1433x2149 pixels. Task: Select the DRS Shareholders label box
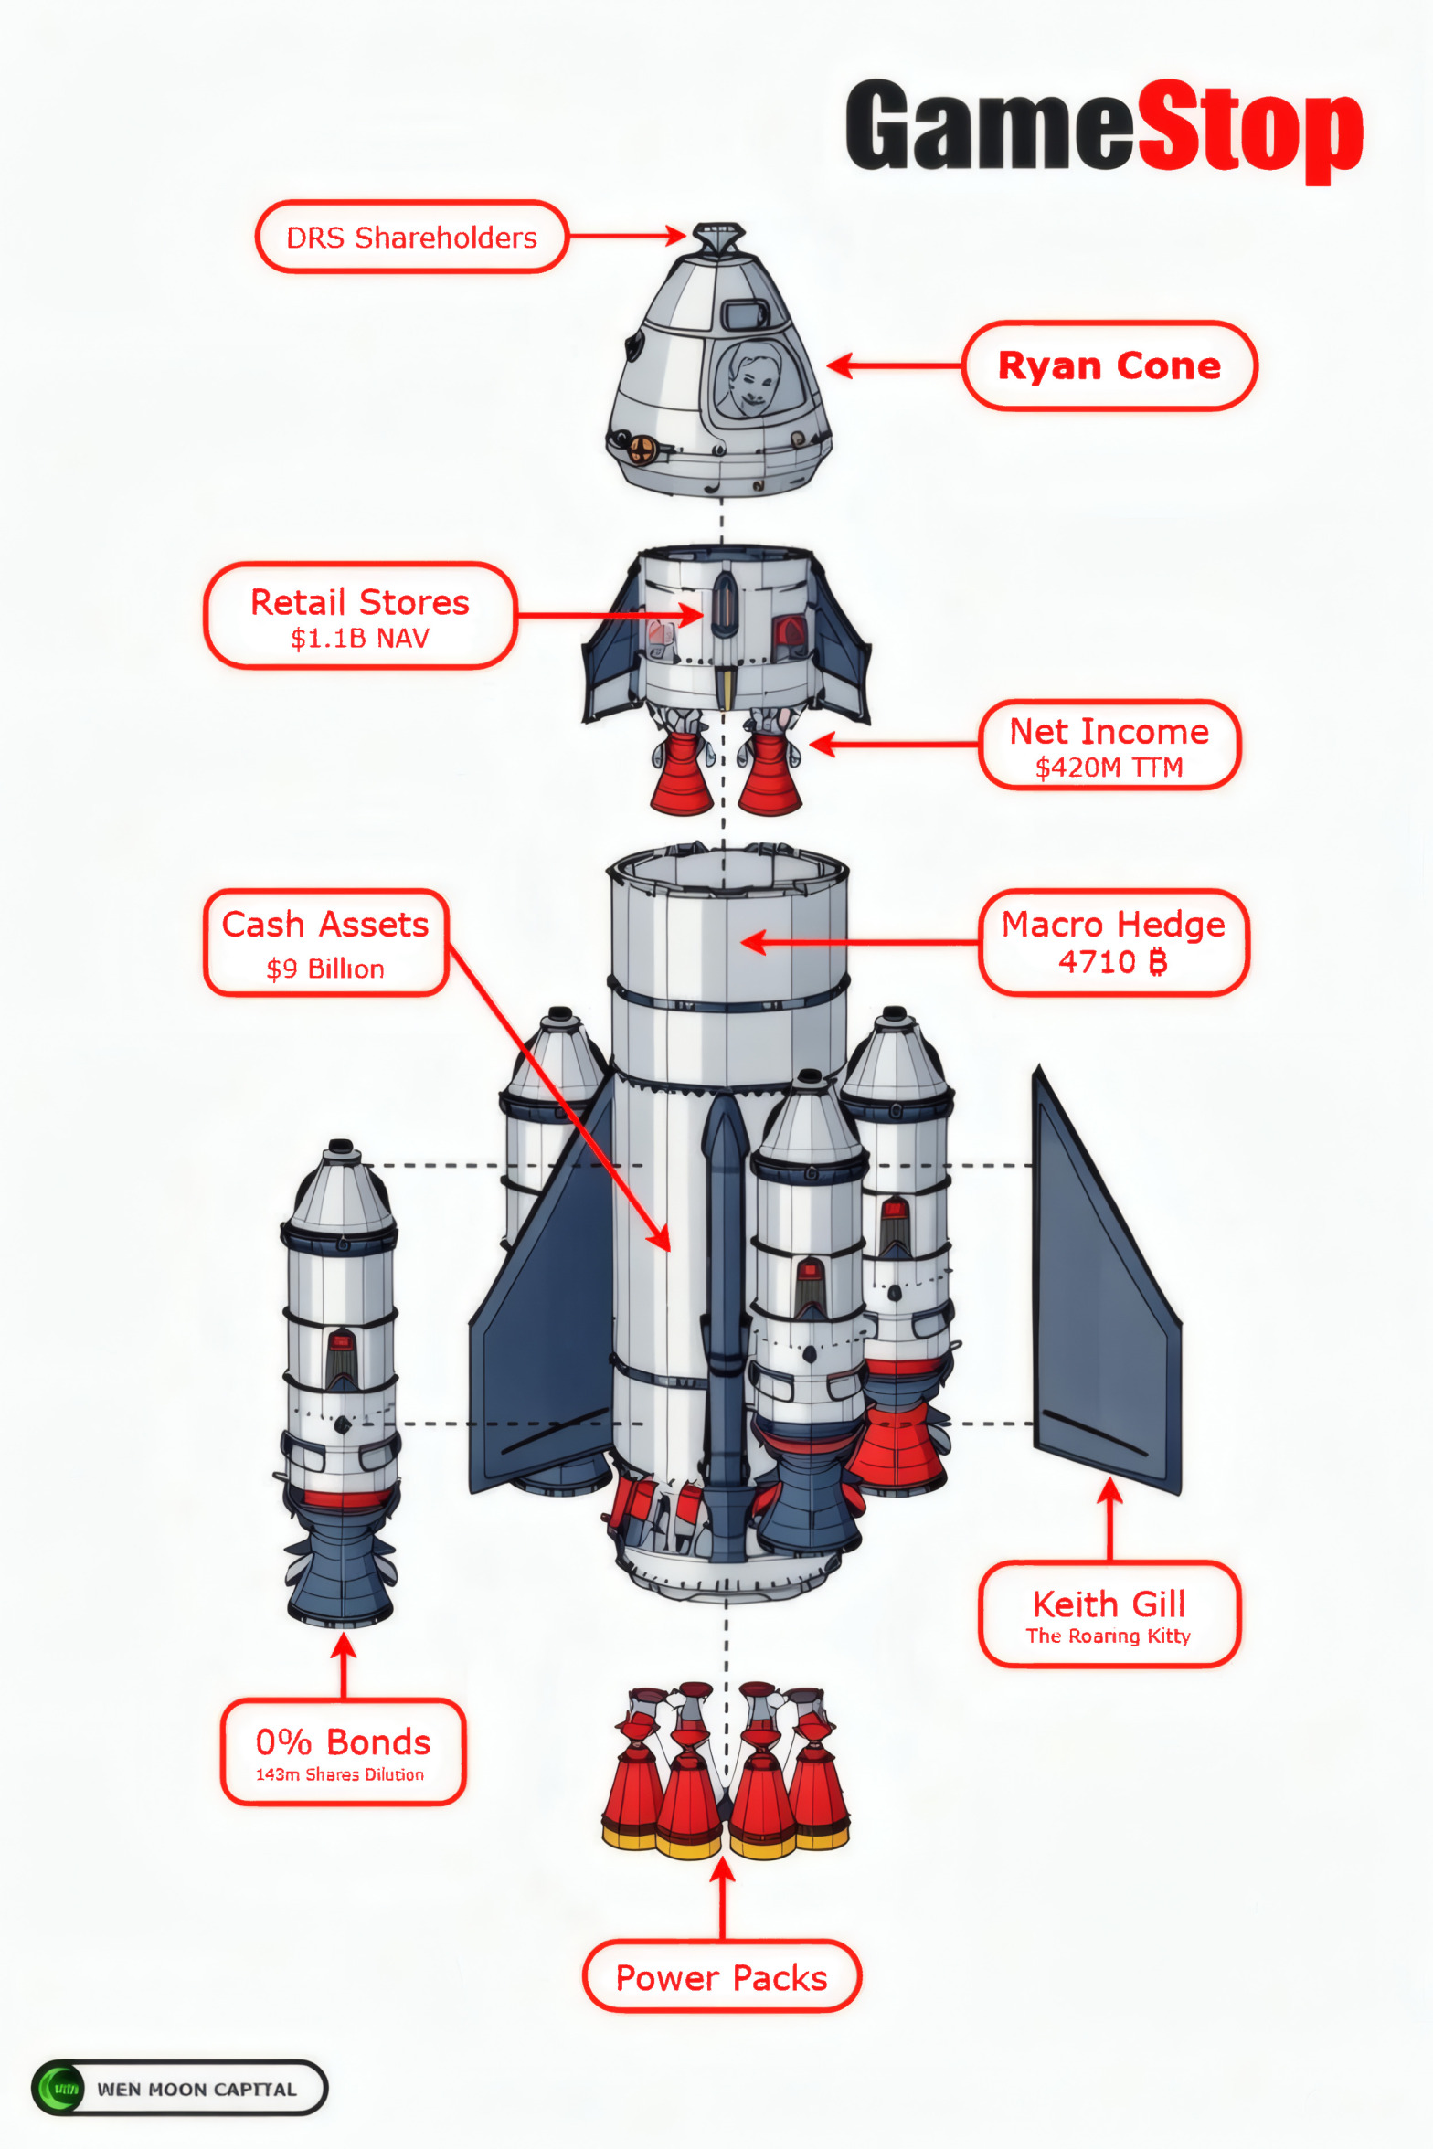411,238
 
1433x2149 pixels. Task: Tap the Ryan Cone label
1109,366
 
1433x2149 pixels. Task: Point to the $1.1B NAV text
360,639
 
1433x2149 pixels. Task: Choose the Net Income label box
1109,745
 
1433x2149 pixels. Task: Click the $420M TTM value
1109,767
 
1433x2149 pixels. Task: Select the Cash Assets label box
325,942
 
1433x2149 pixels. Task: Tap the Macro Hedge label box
1113,942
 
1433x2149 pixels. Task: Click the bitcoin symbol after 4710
1157,962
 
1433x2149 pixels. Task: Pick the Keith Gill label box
1109,1614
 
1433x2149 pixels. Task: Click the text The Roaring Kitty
1108,1636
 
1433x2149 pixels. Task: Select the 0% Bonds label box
343,1752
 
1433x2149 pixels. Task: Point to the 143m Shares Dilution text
340,1774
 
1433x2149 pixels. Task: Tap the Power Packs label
722,1978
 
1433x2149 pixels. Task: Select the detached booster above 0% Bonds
340,1380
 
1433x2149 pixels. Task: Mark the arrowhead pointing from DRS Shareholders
676,236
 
